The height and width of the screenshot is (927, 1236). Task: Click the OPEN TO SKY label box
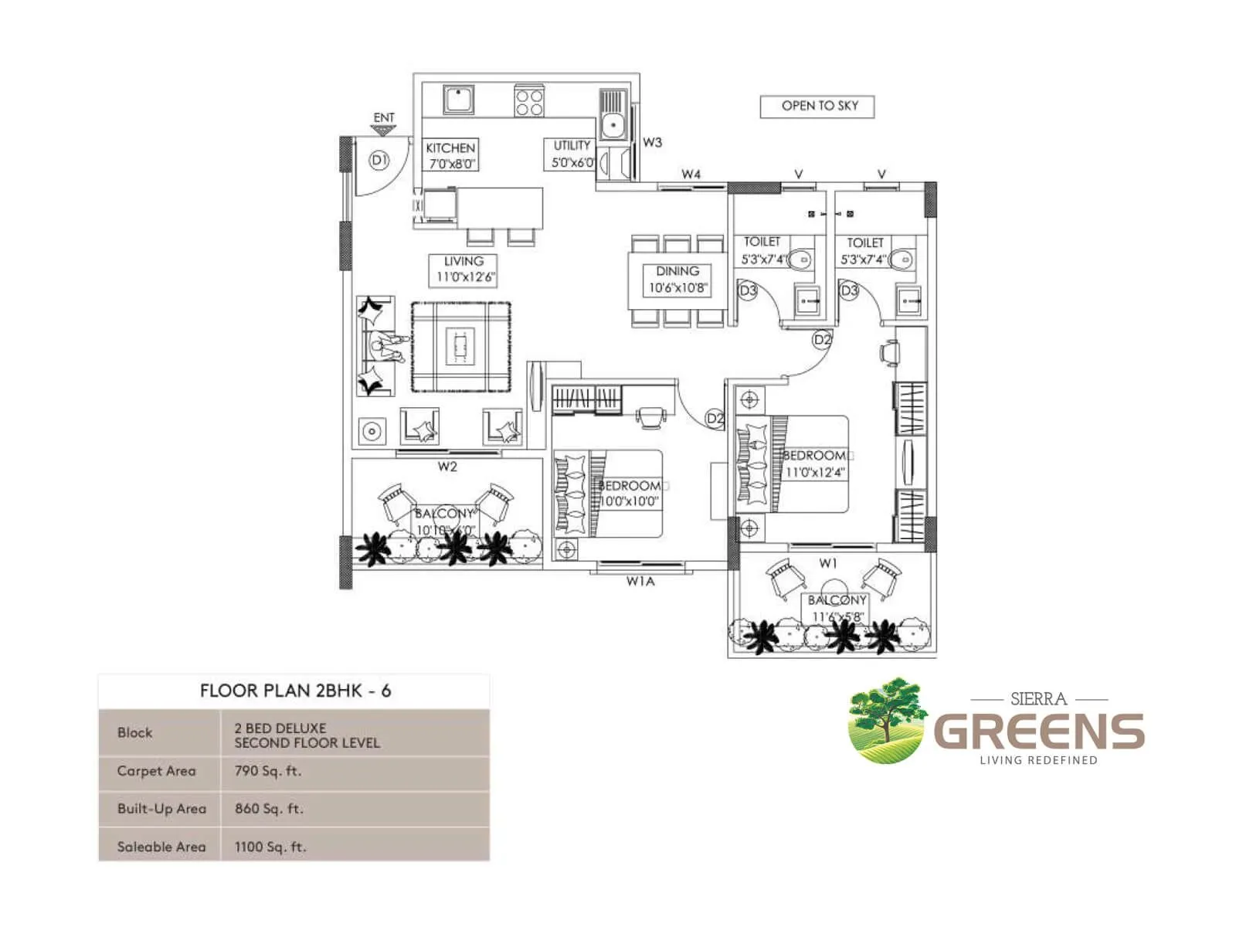click(x=817, y=107)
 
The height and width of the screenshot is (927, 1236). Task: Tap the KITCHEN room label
click(x=451, y=155)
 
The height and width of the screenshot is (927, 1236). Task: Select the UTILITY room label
click(x=572, y=154)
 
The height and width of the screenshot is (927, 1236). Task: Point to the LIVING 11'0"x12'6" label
click(x=463, y=269)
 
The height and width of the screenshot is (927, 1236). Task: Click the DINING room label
click(x=677, y=280)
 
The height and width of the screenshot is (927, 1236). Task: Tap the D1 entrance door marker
click(x=379, y=161)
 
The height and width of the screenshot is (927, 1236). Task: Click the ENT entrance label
click(x=384, y=118)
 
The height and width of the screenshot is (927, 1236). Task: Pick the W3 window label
click(x=653, y=142)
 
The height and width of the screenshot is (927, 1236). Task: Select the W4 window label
click(x=691, y=175)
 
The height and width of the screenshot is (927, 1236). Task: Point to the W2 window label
click(x=447, y=467)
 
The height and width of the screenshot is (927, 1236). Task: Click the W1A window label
click(x=640, y=582)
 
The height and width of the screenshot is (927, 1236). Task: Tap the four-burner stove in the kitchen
click(x=529, y=102)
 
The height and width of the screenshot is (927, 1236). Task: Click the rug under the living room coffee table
click(x=460, y=347)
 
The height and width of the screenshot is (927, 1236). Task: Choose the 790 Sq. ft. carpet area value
click(x=268, y=771)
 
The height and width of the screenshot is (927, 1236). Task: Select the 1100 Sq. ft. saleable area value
click(x=270, y=847)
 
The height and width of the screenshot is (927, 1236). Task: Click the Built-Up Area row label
click(x=161, y=809)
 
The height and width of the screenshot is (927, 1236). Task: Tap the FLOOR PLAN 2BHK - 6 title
click(x=295, y=691)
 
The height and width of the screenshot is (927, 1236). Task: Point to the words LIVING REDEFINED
click(x=1038, y=760)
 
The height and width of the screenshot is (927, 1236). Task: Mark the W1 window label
click(x=828, y=563)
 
